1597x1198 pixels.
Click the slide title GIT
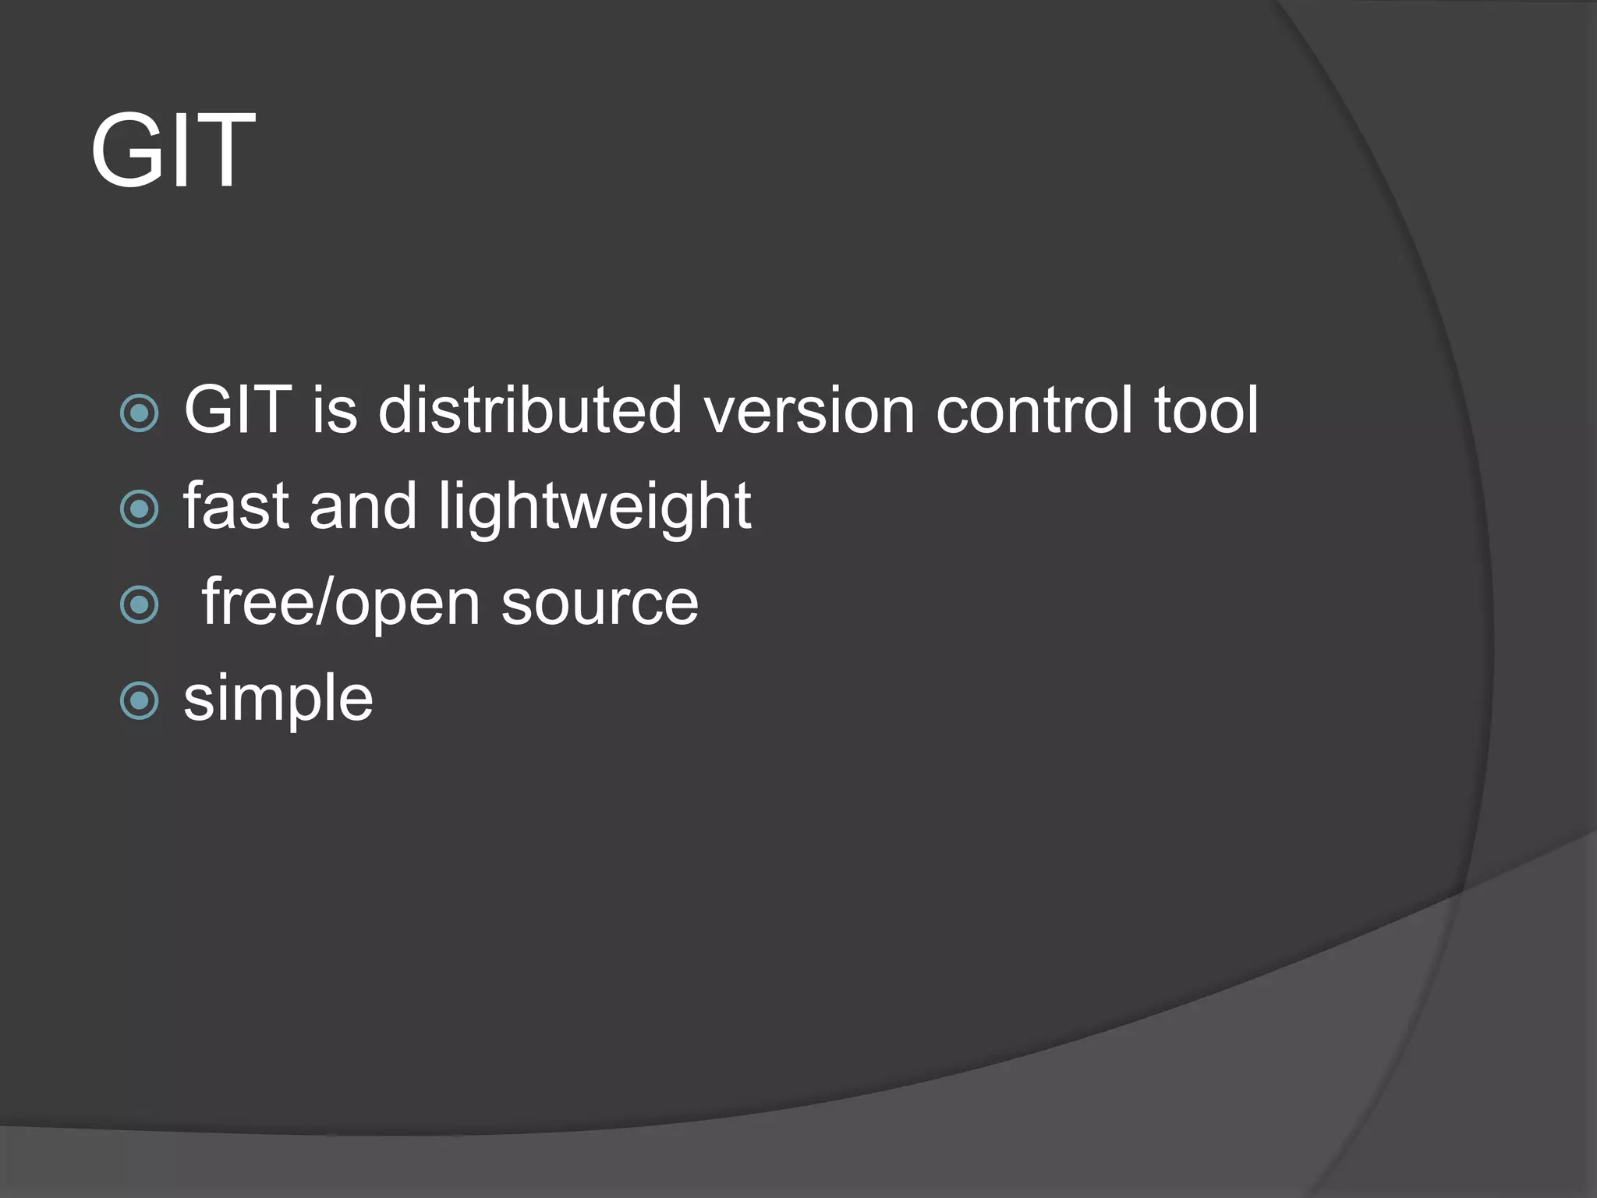click(173, 151)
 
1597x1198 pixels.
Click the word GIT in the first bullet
click(238, 410)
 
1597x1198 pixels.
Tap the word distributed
click(530, 410)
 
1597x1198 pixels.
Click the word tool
click(1206, 410)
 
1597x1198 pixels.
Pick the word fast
click(236, 506)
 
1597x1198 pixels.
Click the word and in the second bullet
click(363, 506)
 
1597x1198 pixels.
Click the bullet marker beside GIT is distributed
click(140, 413)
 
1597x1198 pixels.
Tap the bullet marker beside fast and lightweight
click(140, 509)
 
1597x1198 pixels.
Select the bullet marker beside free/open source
click(140, 604)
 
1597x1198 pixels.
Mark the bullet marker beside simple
click(140, 700)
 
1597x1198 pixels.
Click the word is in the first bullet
click(335, 410)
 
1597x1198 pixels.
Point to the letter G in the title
click(126, 151)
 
